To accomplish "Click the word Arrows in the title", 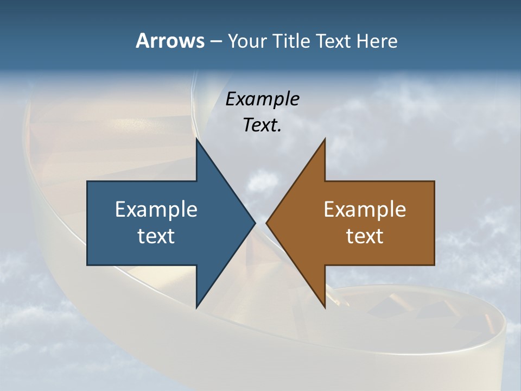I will (x=170, y=41).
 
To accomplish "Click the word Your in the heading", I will (x=247, y=41).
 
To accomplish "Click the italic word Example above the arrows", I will (x=263, y=99).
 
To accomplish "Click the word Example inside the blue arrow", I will (x=156, y=209).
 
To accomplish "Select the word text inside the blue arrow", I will (x=156, y=236).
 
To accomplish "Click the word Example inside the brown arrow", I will (x=365, y=209).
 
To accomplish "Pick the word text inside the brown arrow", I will (x=365, y=236).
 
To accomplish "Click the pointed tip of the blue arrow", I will (x=255, y=223).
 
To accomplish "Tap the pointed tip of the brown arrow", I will (x=266, y=223).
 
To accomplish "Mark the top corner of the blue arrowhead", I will (x=196, y=139).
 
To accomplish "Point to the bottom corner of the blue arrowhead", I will (x=196, y=307).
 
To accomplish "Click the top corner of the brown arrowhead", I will (x=325, y=139).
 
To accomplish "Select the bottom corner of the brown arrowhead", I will (x=325, y=307).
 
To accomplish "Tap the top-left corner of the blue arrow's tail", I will (x=87, y=181).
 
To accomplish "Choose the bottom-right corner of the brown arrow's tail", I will (x=434, y=264).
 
